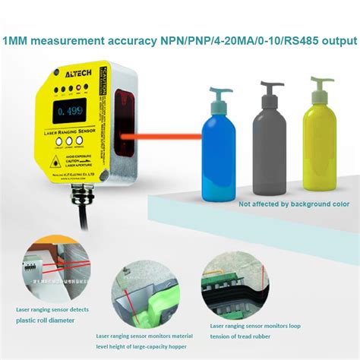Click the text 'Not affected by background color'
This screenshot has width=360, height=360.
294,204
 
